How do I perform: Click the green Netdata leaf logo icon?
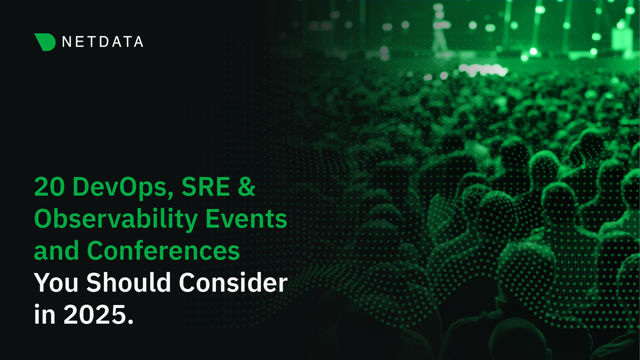tap(45, 42)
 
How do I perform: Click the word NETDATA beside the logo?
tap(103, 42)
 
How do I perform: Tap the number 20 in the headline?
tap(50, 187)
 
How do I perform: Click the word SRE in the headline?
tap(206, 187)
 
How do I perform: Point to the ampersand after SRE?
tap(247, 187)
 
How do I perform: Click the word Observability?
tap(116, 220)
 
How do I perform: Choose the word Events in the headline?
tap(246, 219)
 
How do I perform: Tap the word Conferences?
tap(163, 251)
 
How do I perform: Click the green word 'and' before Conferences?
tap(56, 251)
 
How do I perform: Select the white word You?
tap(56, 283)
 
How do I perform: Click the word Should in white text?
tap(129, 282)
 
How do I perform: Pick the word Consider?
tap(233, 282)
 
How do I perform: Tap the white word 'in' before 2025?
tap(45, 314)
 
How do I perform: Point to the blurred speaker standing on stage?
tap(439, 30)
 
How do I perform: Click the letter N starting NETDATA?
tap(67, 42)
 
